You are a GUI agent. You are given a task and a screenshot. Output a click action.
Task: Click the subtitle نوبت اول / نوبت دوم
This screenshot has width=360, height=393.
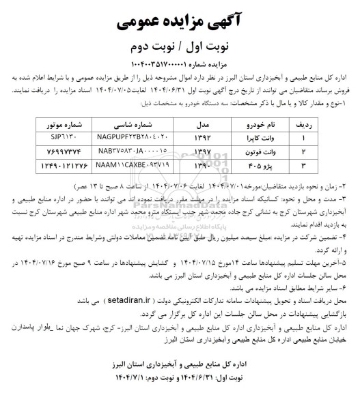tap(179, 47)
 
